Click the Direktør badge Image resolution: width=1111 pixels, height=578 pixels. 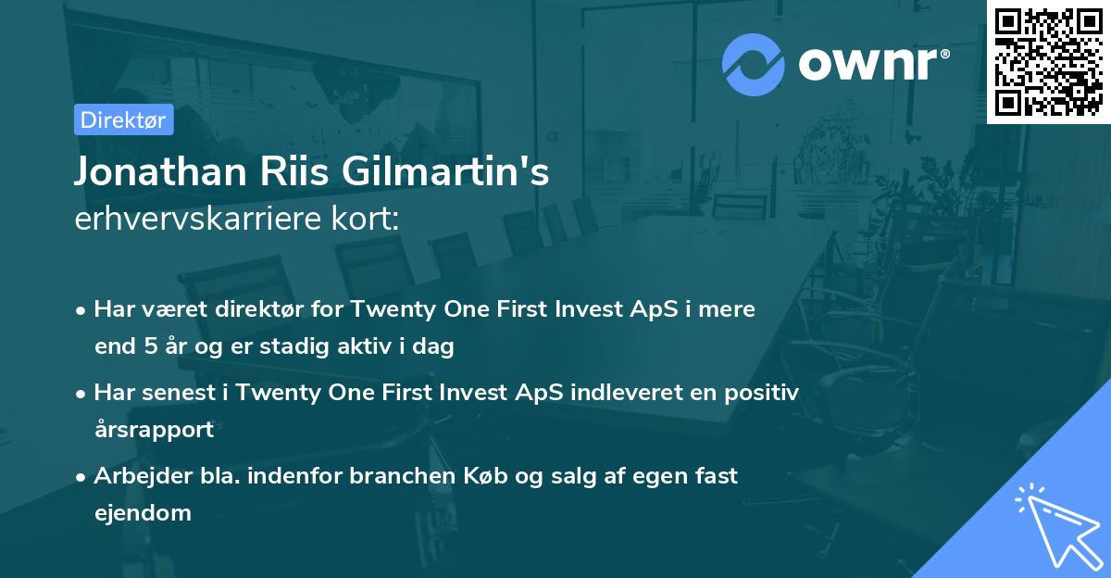[x=123, y=119]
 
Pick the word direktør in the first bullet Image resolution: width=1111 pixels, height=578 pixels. [x=256, y=309]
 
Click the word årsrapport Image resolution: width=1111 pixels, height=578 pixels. [x=154, y=429]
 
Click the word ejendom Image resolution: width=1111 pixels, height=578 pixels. [x=143, y=512]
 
